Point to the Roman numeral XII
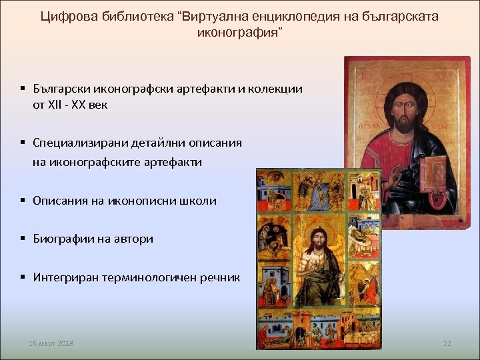point(56,105)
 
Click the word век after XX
point(97,105)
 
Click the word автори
point(134,239)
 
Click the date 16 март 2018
point(51,343)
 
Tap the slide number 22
point(447,343)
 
